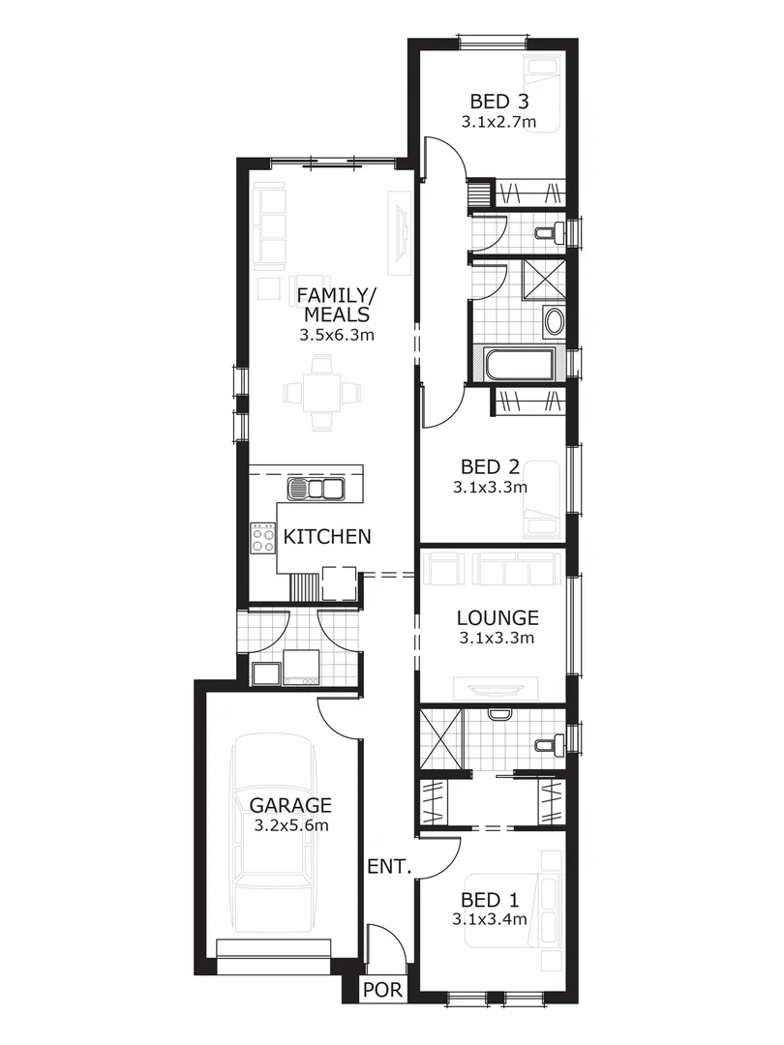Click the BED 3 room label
click(498, 102)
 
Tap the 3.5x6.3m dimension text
click(336, 336)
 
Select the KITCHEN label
click(327, 536)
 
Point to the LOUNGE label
click(498, 617)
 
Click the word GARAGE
click(291, 805)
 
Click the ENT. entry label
click(390, 867)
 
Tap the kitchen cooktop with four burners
click(263, 536)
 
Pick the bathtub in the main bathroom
click(519, 366)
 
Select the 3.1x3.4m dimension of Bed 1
click(490, 919)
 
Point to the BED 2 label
click(490, 467)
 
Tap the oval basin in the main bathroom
click(554, 321)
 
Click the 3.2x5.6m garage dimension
click(291, 825)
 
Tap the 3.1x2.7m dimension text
click(498, 122)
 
